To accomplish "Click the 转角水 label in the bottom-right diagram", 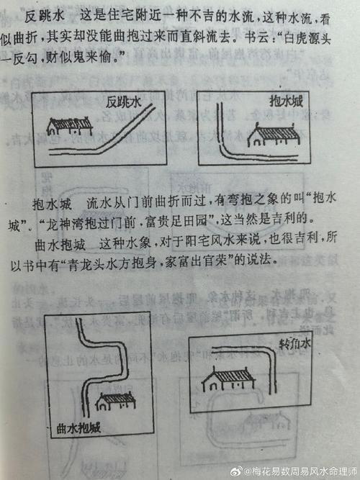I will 296,344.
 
